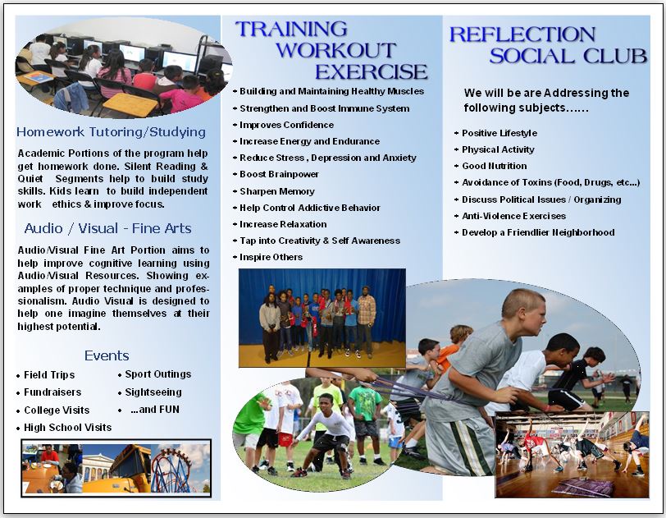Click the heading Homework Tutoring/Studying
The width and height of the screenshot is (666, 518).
[x=111, y=132]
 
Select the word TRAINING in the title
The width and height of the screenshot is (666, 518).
[x=291, y=29]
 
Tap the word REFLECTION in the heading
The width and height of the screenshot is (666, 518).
[x=522, y=34]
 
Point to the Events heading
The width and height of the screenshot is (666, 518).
[x=107, y=355]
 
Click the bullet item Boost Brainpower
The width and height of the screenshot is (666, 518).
[x=279, y=174]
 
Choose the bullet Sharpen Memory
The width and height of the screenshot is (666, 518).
[x=277, y=191]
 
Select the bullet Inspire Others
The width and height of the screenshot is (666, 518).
[x=271, y=257]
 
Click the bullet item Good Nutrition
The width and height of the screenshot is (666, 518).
[x=495, y=166]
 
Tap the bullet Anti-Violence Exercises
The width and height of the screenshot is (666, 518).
[x=514, y=216]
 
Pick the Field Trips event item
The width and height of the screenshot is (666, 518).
[x=49, y=374]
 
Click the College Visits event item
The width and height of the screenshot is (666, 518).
[x=57, y=410]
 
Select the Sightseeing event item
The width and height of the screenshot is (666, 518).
[x=153, y=392]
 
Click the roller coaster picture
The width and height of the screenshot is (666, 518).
[x=180, y=469]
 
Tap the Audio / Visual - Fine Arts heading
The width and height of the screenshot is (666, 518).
[x=108, y=229]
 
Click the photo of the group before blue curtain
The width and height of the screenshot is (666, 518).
[x=322, y=318]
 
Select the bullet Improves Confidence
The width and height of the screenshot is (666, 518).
[x=287, y=125]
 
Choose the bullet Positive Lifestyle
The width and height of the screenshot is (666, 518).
[x=500, y=133]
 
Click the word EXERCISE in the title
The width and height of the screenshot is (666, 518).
[x=372, y=72]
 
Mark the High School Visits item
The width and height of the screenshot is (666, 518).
[x=67, y=428]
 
